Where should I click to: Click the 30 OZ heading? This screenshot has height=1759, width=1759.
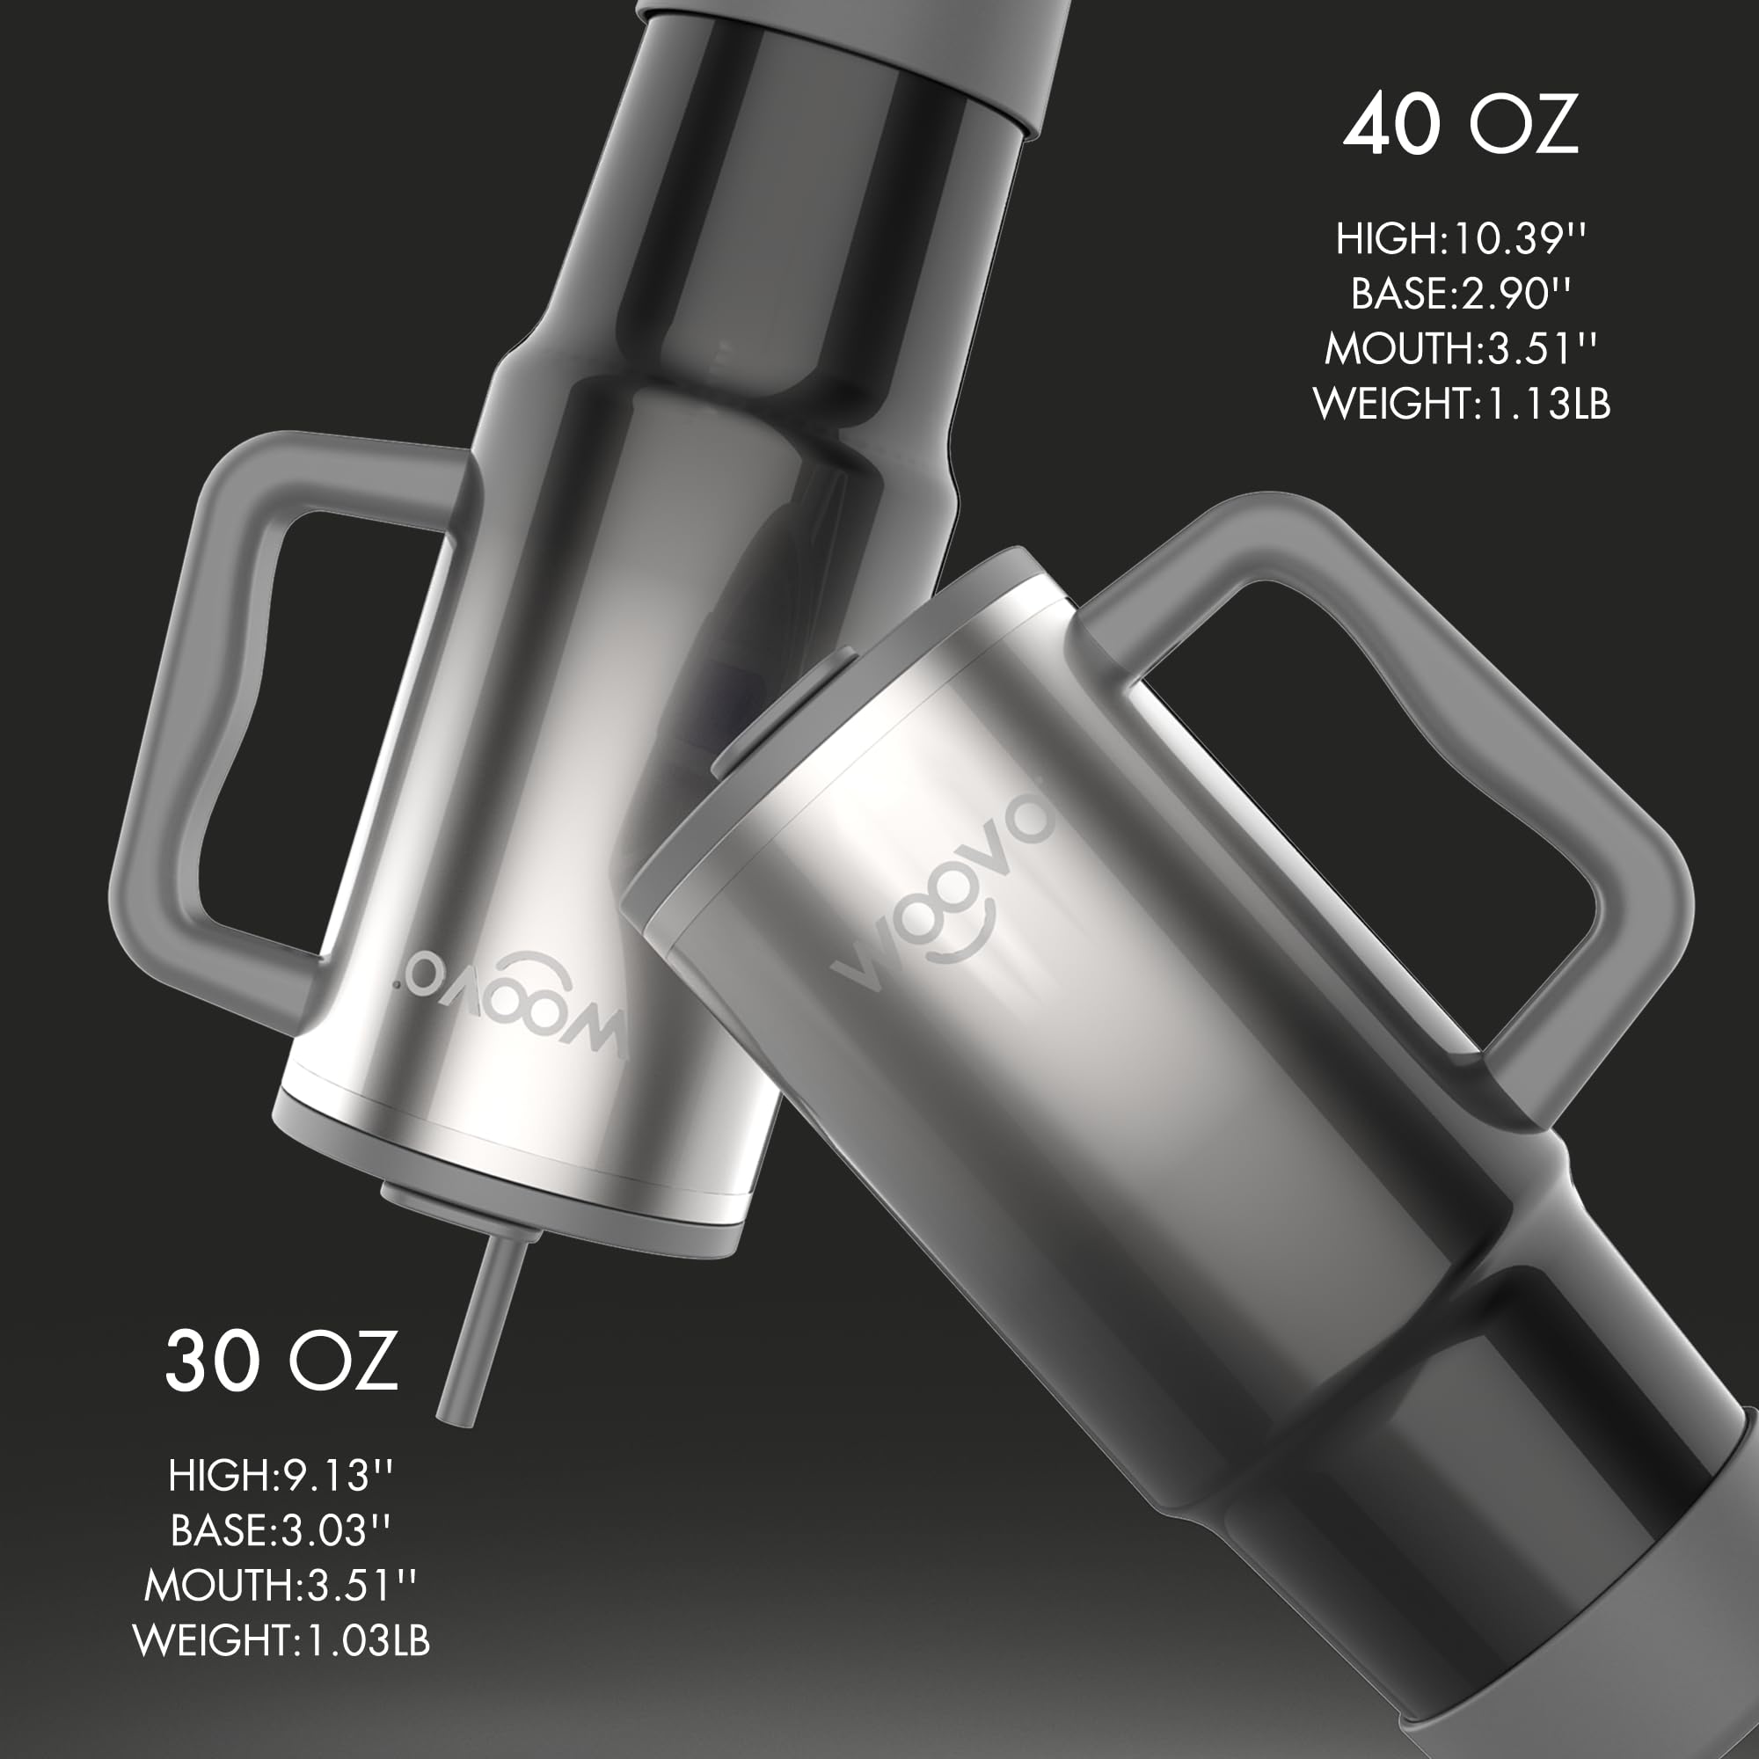point(281,1361)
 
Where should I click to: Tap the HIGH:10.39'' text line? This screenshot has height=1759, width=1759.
point(1461,238)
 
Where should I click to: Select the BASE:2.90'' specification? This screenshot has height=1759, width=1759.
point(1461,293)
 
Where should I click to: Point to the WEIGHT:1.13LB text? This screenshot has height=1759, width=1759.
point(1461,404)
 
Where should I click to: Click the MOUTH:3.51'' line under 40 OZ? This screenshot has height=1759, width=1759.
point(1461,348)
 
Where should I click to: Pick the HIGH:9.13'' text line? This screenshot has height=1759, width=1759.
point(281,1475)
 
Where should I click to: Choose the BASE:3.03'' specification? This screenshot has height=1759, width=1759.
point(281,1529)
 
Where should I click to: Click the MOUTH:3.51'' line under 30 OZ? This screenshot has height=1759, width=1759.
point(281,1585)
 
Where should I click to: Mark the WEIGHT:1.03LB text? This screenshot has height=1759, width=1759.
point(281,1639)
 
